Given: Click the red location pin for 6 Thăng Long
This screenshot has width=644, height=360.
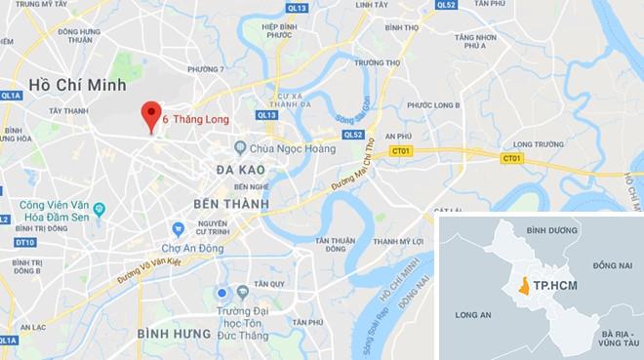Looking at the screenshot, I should [x=150, y=114].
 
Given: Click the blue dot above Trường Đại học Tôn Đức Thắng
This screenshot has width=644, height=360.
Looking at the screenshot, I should [x=223, y=292].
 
